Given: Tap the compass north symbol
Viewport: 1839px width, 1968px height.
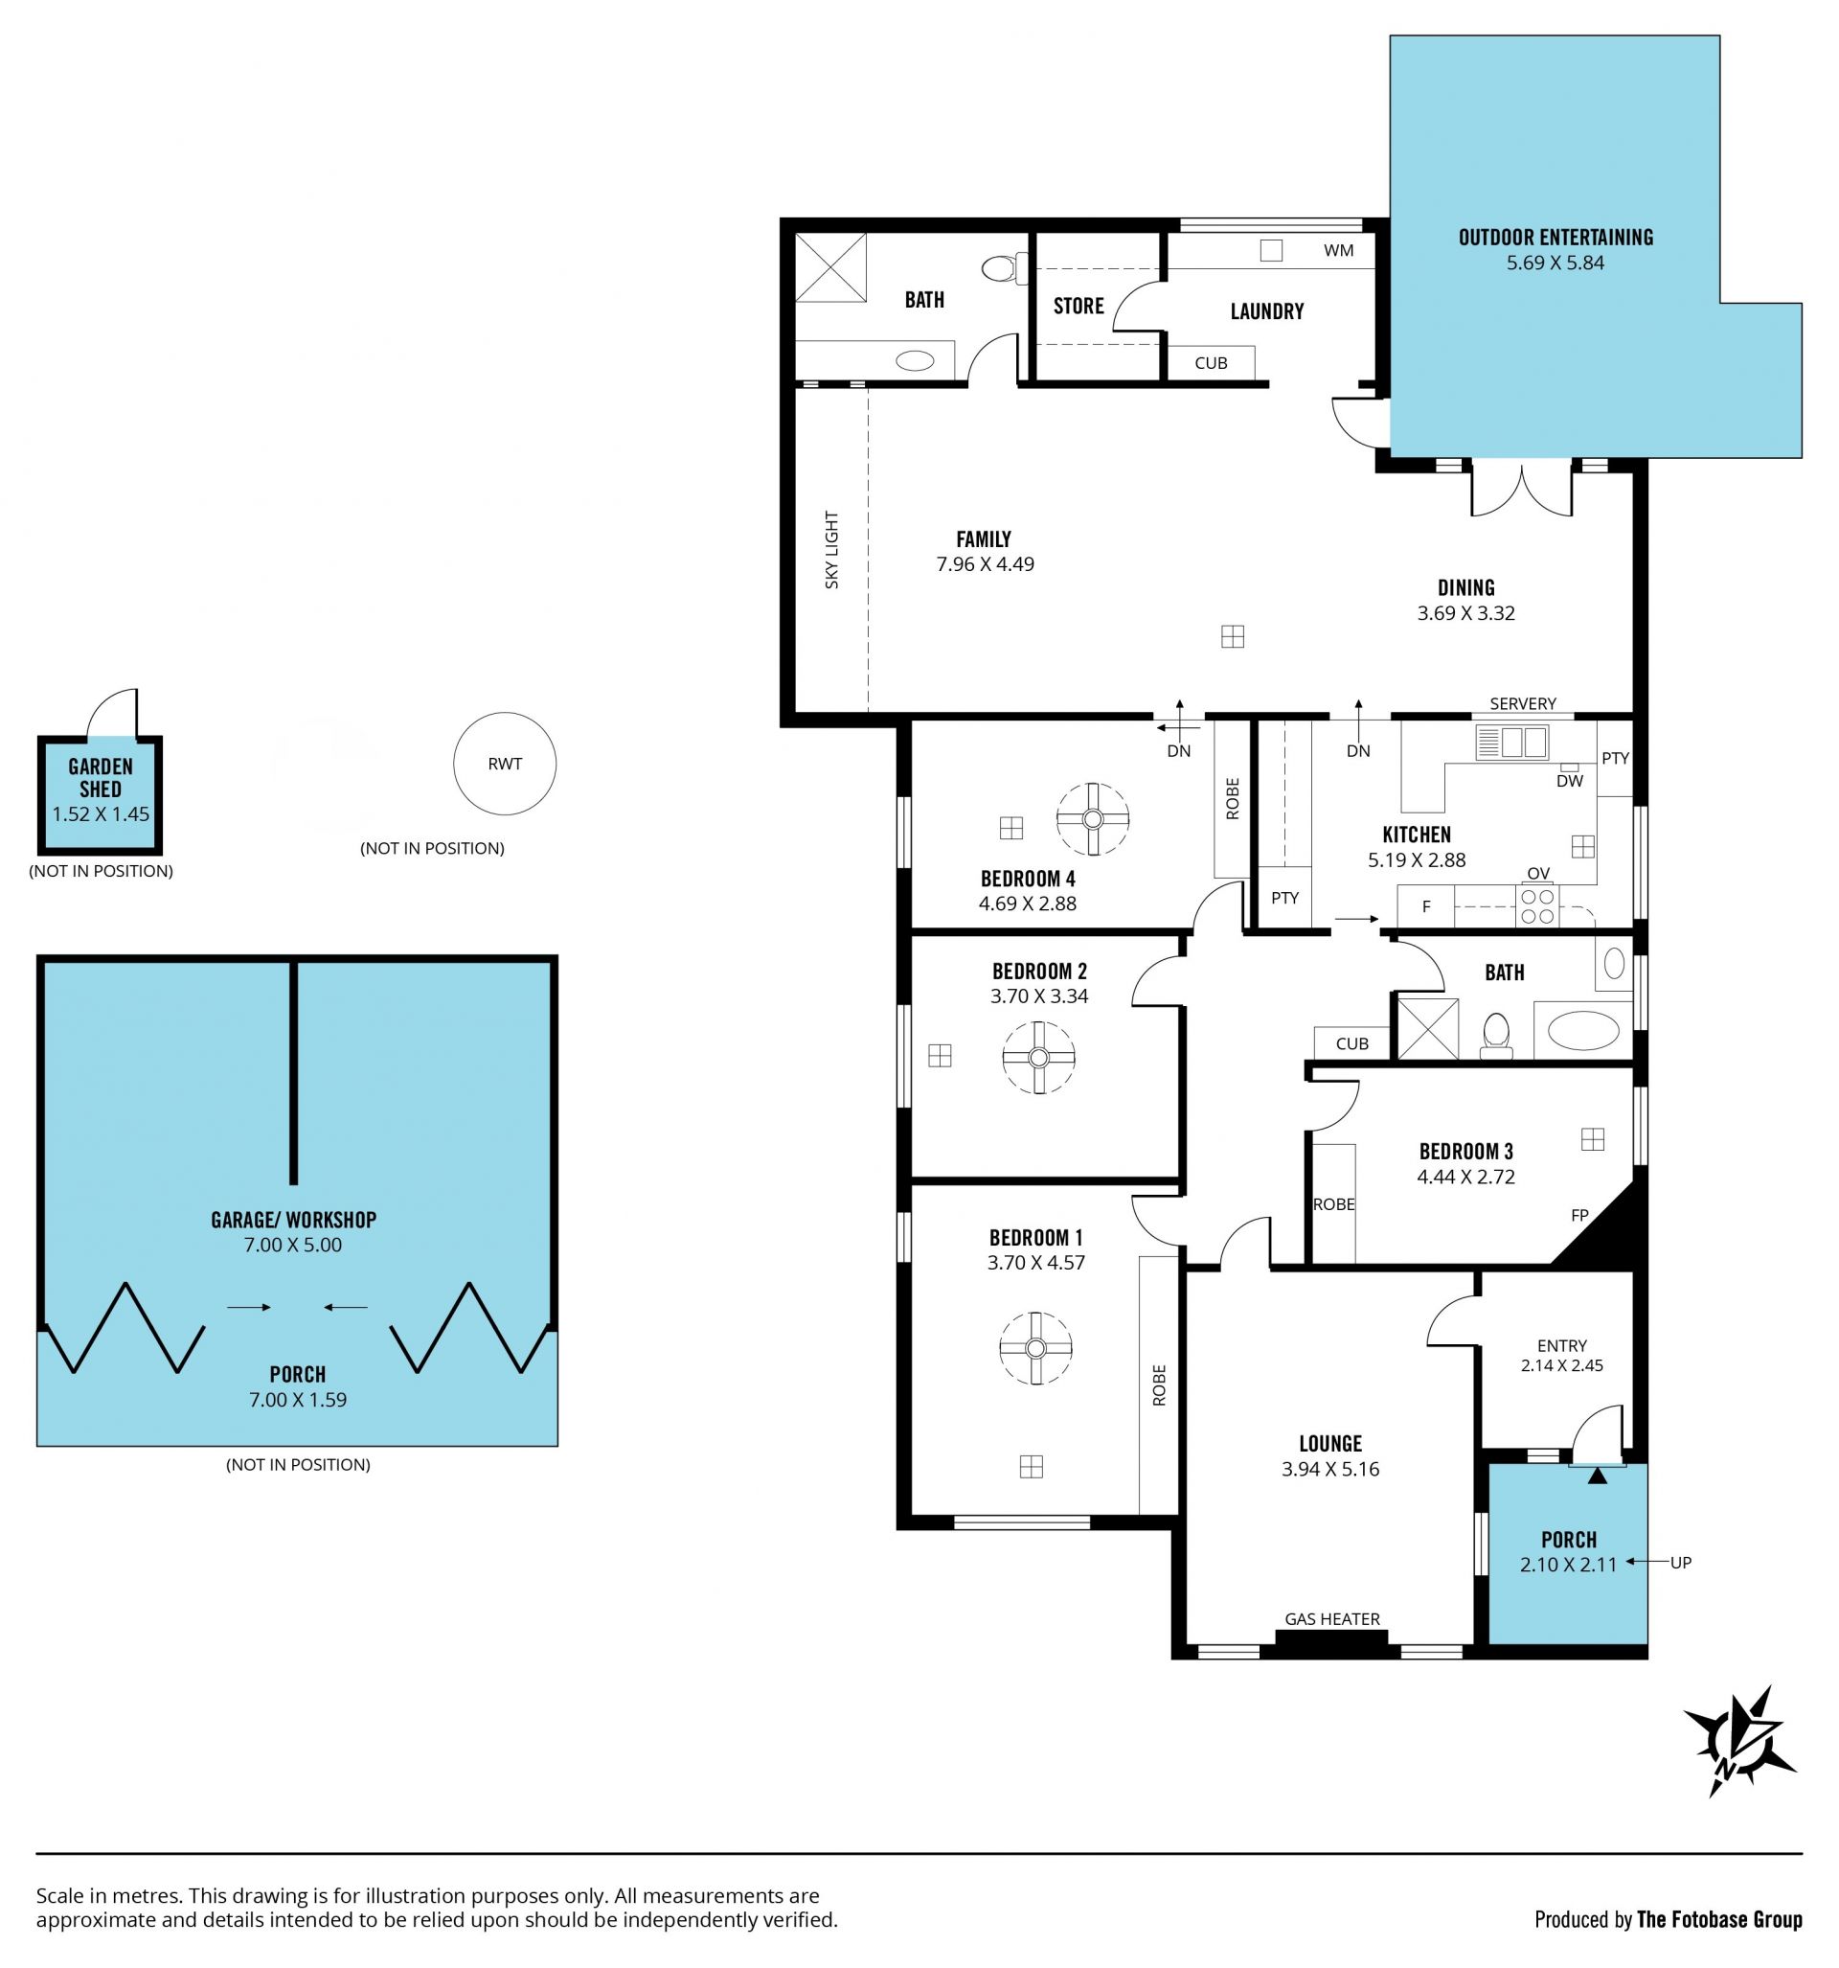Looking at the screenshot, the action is [1739, 1741].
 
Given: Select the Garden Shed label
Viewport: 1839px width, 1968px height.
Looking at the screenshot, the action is [100, 778].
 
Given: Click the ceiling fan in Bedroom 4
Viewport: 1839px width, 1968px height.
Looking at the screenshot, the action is [1093, 818].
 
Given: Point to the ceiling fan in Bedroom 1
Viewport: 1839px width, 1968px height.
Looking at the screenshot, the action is [1035, 1348].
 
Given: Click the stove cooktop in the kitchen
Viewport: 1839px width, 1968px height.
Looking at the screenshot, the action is [1537, 905].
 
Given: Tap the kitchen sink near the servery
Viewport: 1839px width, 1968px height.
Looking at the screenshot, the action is [1511, 743].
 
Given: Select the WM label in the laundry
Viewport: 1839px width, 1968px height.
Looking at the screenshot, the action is [1338, 250].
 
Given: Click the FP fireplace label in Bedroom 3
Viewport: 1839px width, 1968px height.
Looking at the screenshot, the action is [1579, 1215].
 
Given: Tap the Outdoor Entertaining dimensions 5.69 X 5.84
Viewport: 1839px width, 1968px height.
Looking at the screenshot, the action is [1555, 263].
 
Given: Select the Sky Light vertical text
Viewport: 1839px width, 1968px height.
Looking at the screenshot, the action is [831, 549].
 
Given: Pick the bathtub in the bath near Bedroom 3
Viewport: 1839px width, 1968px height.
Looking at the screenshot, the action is [1582, 1031].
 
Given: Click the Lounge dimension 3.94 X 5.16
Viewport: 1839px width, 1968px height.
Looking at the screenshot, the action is [1330, 1469].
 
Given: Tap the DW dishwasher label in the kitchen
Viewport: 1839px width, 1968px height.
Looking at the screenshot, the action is [1570, 781].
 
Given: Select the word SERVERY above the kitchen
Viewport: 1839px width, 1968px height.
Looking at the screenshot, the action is [1522, 703].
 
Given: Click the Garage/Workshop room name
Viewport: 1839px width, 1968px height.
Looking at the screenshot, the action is [293, 1220].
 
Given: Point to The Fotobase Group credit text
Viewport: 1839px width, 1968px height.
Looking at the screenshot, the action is [1719, 1919].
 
